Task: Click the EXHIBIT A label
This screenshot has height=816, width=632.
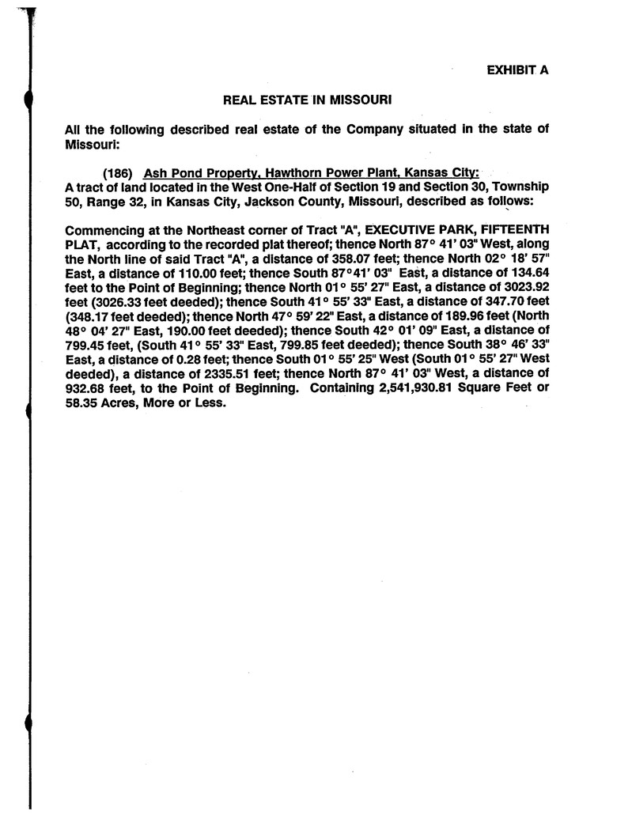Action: click(x=517, y=70)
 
